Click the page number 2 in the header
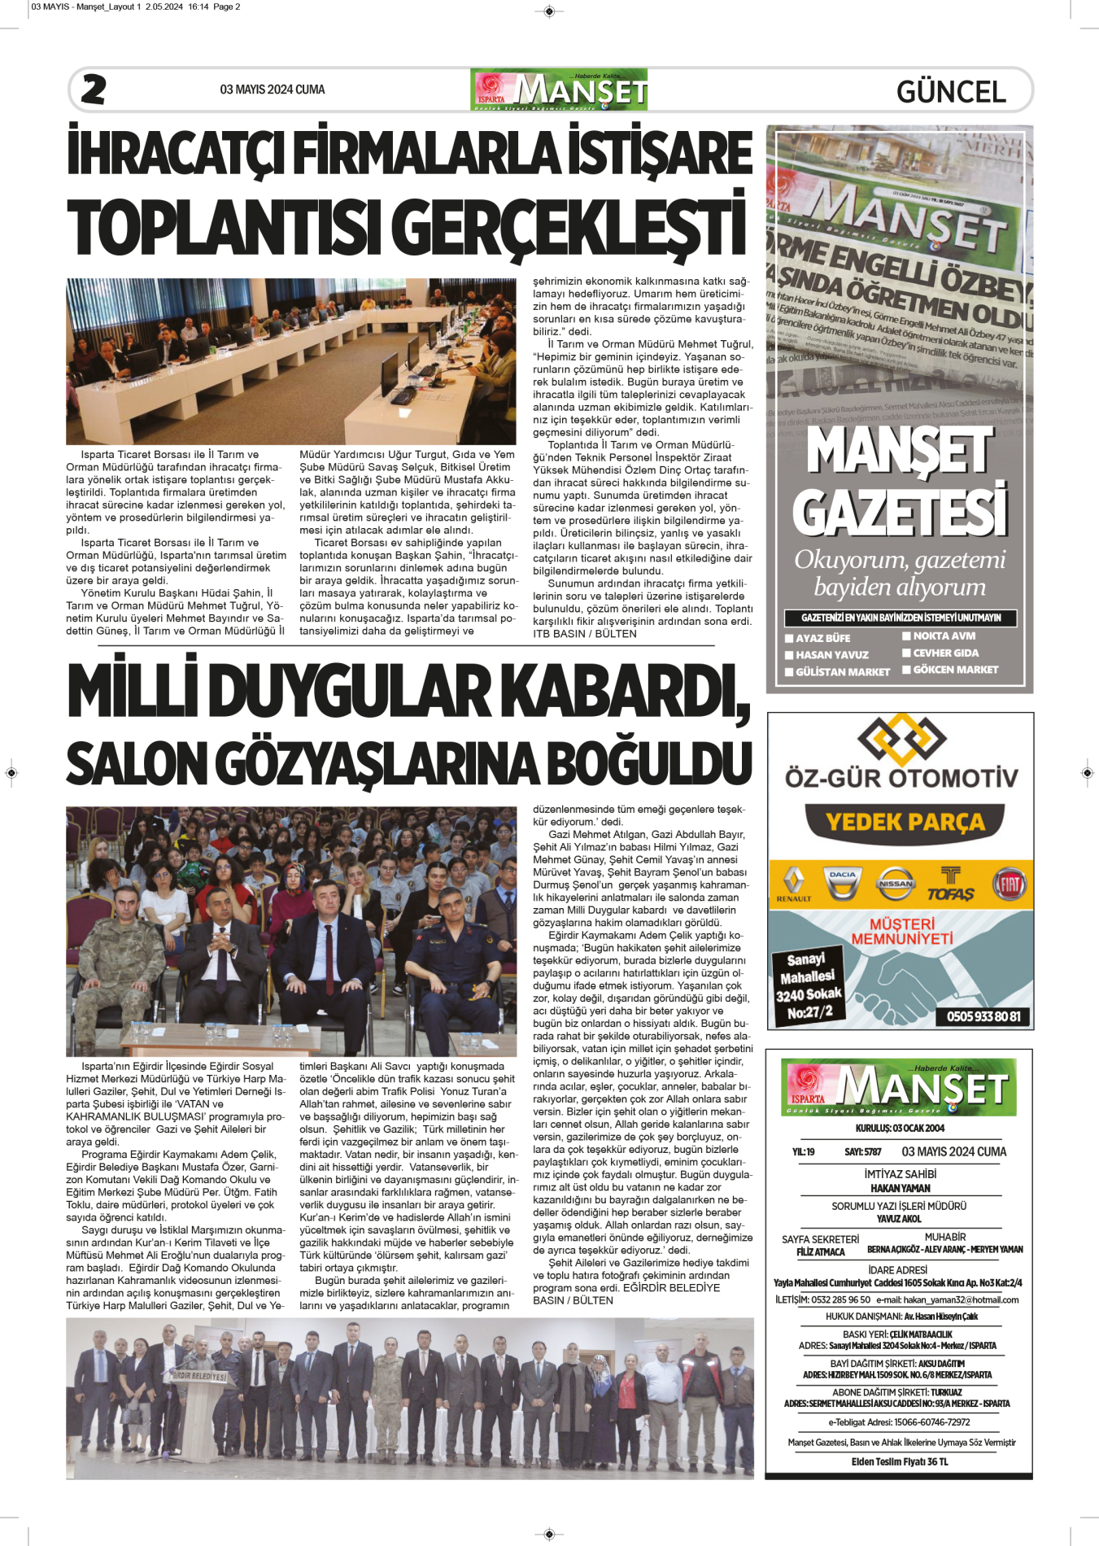(x=94, y=90)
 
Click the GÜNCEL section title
(x=951, y=91)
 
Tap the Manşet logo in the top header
(x=559, y=90)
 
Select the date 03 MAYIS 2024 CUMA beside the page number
(x=272, y=90)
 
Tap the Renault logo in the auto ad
(x=793, y=884)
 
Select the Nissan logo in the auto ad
(x=895, y=884)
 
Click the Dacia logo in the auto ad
(x=843, y=884)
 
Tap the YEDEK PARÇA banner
(x=905, y=823)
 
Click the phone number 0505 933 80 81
(x=983, y=1016)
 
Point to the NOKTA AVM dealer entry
(x=944, y=636)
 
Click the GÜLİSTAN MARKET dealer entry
(x=842, y=672)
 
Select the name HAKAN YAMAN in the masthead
(x=900, y=1188)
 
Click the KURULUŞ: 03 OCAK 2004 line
(x=900, y=1128)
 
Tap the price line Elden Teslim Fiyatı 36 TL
(x=900, y=1461)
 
